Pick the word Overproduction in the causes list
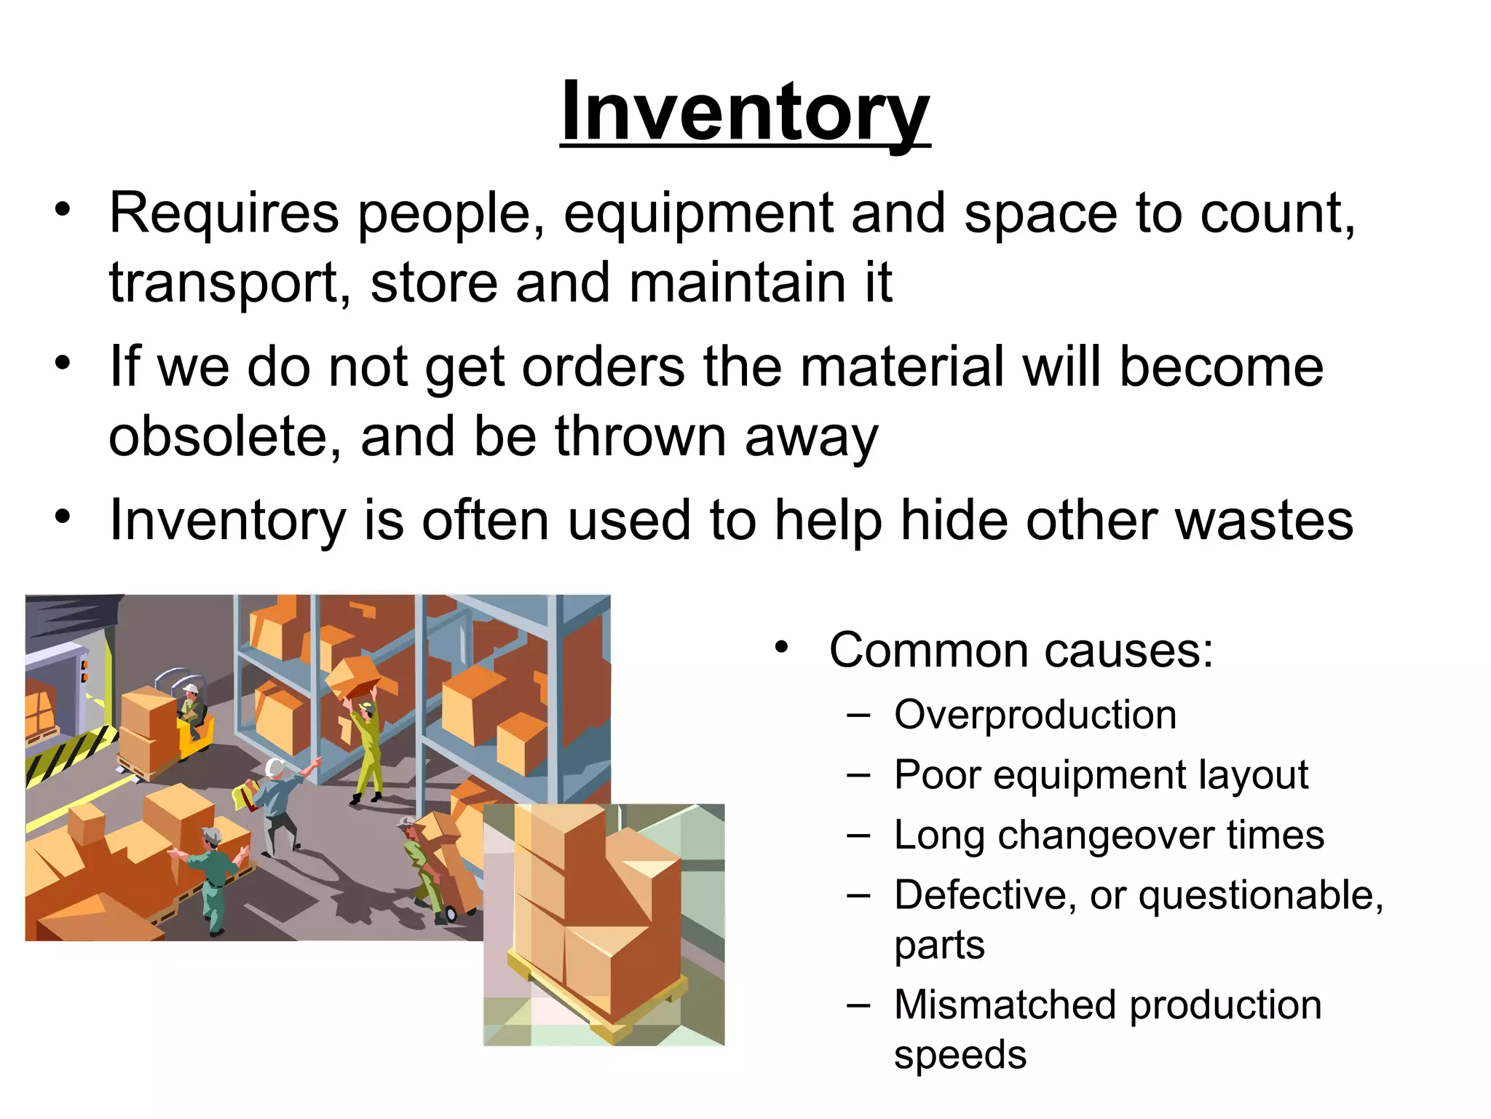(x=1035, y=715)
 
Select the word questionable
(x=1260, y=896)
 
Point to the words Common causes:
(x=1021, y=650)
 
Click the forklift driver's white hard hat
(x=190, y=688)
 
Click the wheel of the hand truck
(x=451, y=914)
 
